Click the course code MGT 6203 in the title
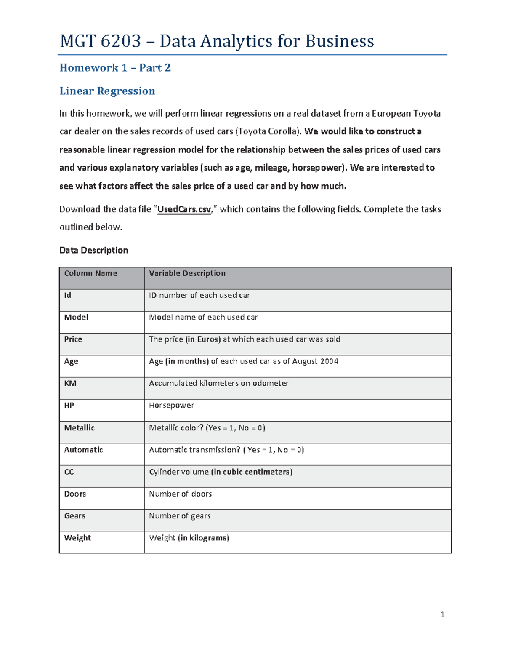pyautogui.click(x=100, y=41)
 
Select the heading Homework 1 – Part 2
pyautogui.click(x=115, y=68)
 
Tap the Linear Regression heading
pyautogui.click(x=107, y=91)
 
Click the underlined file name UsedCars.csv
pyautogui.click(x=184, y=209)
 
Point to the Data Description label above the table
pyautogui.click(x=93, y=250)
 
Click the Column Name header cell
pyautogui.click(x=90, y=273)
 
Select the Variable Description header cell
pyautogui.click(x=187, y=273)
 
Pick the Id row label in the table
pyautogui.click(x=67, y=295)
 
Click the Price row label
pyautogui.click(x=73, y=339)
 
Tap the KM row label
pyautogui.click(x=70, y=383)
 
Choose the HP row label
pyautogui.click(x=69, y=405)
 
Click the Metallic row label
pyautogui.click(x=79, y=428)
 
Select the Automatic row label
pyautogui.click(x=83, y=450)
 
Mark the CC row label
pyautogui.click(x=69, y=472)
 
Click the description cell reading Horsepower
pyautogui.click(x=171, y=405)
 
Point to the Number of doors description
pyautogui.click(x=180, y=494)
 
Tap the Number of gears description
pyautogui.click(x=180, y=516)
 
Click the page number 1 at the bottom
pyautogui.click(x=442, y=615)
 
